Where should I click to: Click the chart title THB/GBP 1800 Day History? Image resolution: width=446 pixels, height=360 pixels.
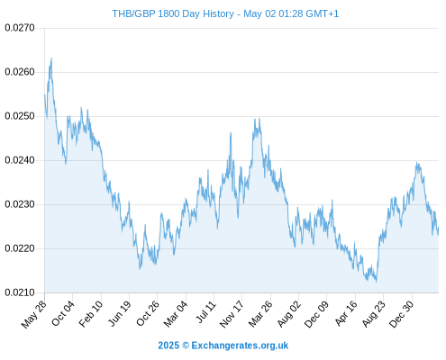point(173,13)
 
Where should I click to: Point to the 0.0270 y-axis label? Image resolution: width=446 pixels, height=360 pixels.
point(20,28)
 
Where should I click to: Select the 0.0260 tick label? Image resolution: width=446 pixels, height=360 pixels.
point(20,72)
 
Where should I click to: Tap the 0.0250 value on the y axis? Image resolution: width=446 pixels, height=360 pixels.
point(20,116)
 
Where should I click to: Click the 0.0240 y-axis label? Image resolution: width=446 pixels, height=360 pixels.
point(20,160)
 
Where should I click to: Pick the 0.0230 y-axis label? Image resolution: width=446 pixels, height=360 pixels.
point(20,204)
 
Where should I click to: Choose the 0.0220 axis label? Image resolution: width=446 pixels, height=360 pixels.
point(20,248)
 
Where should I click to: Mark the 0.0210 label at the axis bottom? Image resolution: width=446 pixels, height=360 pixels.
point(20,292)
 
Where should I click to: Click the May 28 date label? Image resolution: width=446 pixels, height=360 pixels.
point(34,314)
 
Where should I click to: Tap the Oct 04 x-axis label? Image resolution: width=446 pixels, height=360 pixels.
point(63,313)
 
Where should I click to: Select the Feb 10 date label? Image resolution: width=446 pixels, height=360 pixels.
point(91,313)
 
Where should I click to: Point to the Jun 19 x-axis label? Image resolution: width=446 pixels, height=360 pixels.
point(120,313)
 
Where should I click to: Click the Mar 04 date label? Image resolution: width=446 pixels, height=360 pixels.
point(176,313)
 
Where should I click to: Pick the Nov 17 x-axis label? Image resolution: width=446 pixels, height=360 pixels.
point(232,314)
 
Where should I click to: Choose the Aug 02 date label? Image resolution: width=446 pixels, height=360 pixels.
point(288,314)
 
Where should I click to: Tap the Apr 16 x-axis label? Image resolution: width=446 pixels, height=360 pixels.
point(346,313)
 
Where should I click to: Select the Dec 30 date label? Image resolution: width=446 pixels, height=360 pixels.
point(402,314)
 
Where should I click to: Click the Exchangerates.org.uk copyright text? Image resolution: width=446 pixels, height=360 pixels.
point(240,346)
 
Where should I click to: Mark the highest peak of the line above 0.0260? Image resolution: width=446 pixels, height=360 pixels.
point(51,58)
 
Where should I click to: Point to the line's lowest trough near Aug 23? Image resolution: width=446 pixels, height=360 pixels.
point(376,282)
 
